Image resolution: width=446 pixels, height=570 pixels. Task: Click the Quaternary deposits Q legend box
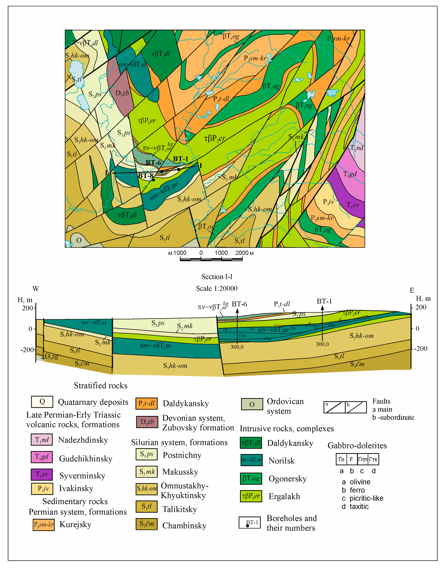(x=42, y=402)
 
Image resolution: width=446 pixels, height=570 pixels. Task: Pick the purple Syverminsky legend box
(x=42, y=474)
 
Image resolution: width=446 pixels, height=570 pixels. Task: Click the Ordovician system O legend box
(x=252, y=404)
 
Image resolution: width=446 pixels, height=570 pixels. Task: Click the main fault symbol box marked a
(x=334, y=407)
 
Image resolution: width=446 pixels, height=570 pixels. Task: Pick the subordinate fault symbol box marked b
(x=356, y=407)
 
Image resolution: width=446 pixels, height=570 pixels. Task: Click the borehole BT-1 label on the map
(x=180, y=159)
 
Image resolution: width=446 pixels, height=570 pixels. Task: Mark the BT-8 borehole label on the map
(x=145, y=175)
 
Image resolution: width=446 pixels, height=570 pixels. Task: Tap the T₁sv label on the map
(x=353, y=205)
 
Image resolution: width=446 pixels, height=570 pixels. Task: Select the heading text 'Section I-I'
(x=217, y=276)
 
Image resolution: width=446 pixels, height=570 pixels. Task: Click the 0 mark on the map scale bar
(x=201, y=253)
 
